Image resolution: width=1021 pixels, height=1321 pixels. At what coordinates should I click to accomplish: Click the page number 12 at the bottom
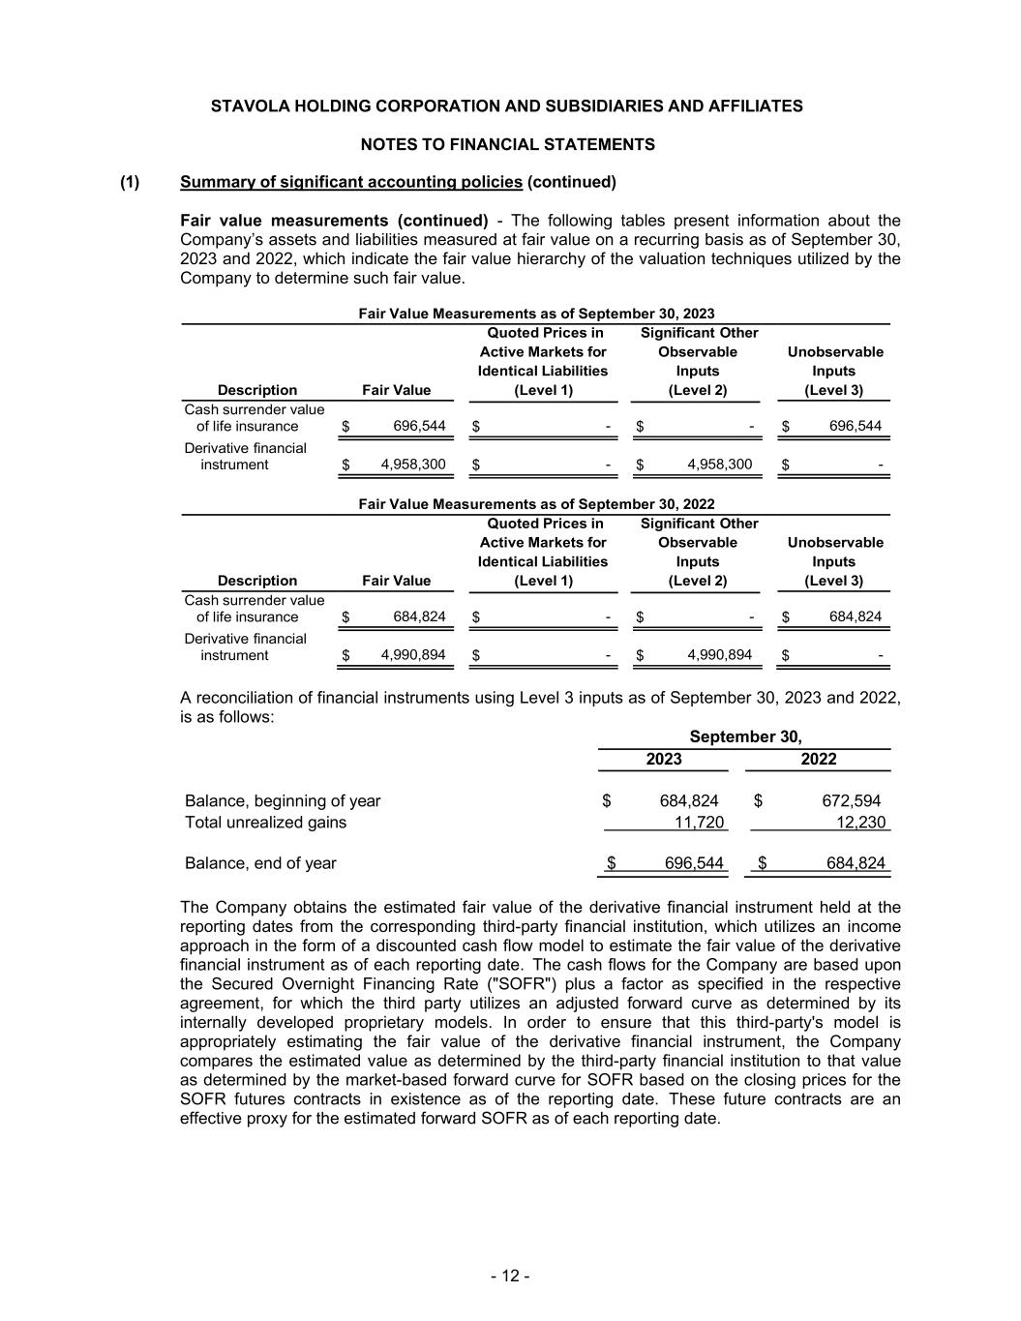coord(509,1276)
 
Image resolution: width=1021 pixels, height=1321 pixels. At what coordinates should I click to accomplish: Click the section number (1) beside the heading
coord(130,182)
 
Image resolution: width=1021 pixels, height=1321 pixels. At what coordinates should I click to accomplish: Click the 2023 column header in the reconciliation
coord(664,759)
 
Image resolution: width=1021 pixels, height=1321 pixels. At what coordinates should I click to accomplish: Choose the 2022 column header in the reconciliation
coord(819,759)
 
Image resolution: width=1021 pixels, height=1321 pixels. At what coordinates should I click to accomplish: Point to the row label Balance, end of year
coord(260,862)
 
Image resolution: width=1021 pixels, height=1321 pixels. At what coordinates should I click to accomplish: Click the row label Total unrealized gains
coord(265,823)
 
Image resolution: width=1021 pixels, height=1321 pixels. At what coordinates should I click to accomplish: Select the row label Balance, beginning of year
coord(283,800)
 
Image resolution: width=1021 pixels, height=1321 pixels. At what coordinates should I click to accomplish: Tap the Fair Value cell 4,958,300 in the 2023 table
coord(413,465)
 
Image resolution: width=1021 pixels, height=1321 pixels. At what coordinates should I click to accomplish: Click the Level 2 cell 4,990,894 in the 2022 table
coord(719,655)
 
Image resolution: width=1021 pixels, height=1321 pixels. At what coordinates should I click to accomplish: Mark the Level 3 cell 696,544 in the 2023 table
coord(856,426)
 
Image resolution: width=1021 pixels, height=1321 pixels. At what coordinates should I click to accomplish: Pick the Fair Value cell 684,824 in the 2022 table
coord(419,616)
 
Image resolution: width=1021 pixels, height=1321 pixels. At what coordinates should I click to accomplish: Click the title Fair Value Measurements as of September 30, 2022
coord(536,504)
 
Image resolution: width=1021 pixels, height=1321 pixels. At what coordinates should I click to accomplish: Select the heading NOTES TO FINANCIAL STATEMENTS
coord(507,144)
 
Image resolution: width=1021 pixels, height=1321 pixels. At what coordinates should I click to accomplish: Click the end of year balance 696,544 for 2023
coord(694,862)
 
